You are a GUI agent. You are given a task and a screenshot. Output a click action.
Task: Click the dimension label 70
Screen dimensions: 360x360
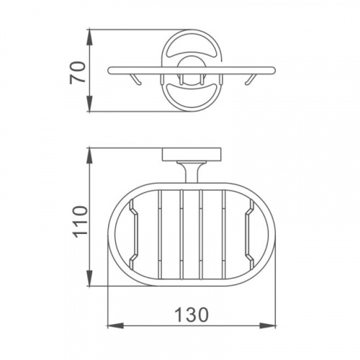(78, 73)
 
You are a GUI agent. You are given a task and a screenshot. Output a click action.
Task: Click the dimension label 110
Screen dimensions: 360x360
(80, 222)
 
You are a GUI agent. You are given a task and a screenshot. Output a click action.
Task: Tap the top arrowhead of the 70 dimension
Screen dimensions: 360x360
(89, 37)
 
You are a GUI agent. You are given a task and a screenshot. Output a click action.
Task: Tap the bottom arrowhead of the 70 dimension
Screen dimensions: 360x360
(89, 103)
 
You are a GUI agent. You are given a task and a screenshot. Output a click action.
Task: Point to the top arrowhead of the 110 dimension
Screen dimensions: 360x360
(89, 156)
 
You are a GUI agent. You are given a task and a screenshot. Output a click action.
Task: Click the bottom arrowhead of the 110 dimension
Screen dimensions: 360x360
(89, 278)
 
